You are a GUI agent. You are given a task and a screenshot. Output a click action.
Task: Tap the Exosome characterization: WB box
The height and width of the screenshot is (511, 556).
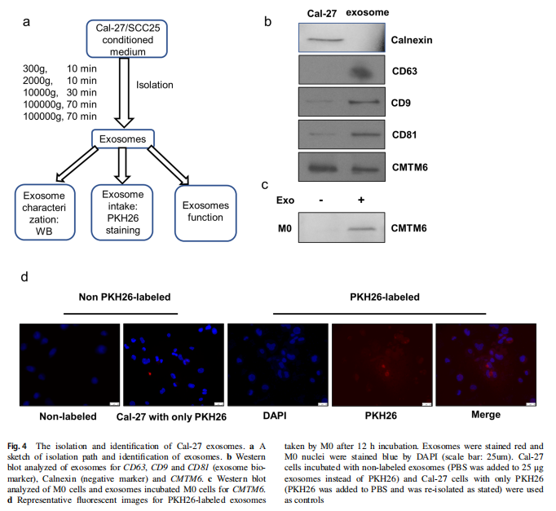(x=46, y=212)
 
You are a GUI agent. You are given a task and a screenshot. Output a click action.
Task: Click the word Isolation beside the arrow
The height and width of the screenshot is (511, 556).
(x=155, y=83)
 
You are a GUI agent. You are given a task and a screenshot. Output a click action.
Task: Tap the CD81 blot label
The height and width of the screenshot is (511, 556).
(x=405, y=134)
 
